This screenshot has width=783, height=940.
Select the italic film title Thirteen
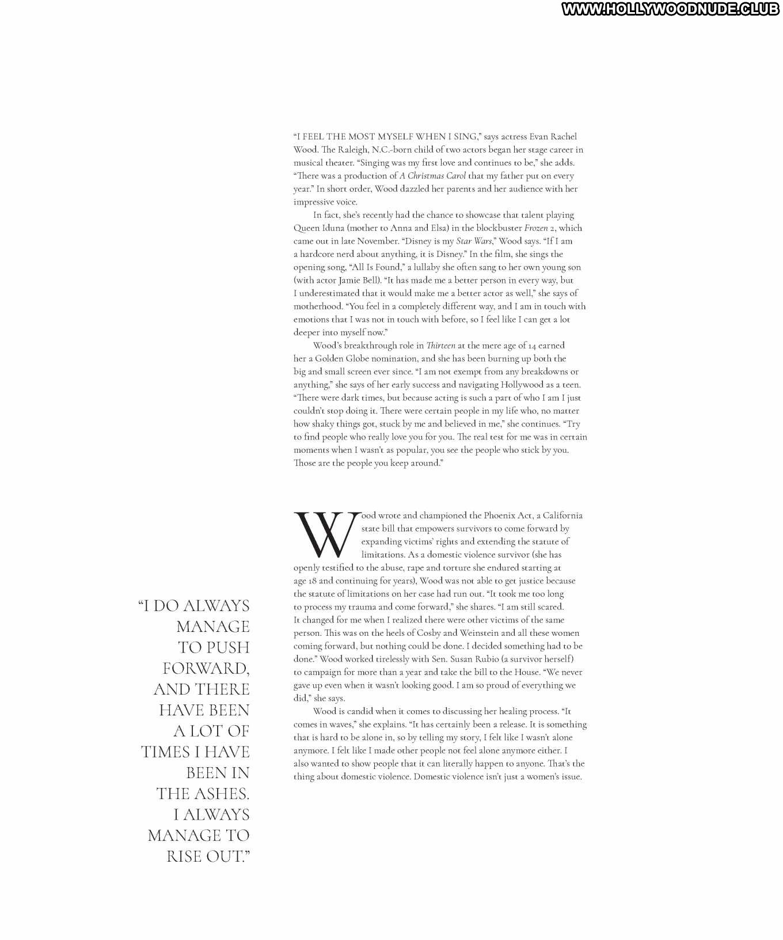pos(440,346)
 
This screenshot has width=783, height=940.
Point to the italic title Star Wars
pos(474,241)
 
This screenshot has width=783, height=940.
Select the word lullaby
pos(433,267)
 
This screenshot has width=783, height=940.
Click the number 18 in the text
pos(311,581)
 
